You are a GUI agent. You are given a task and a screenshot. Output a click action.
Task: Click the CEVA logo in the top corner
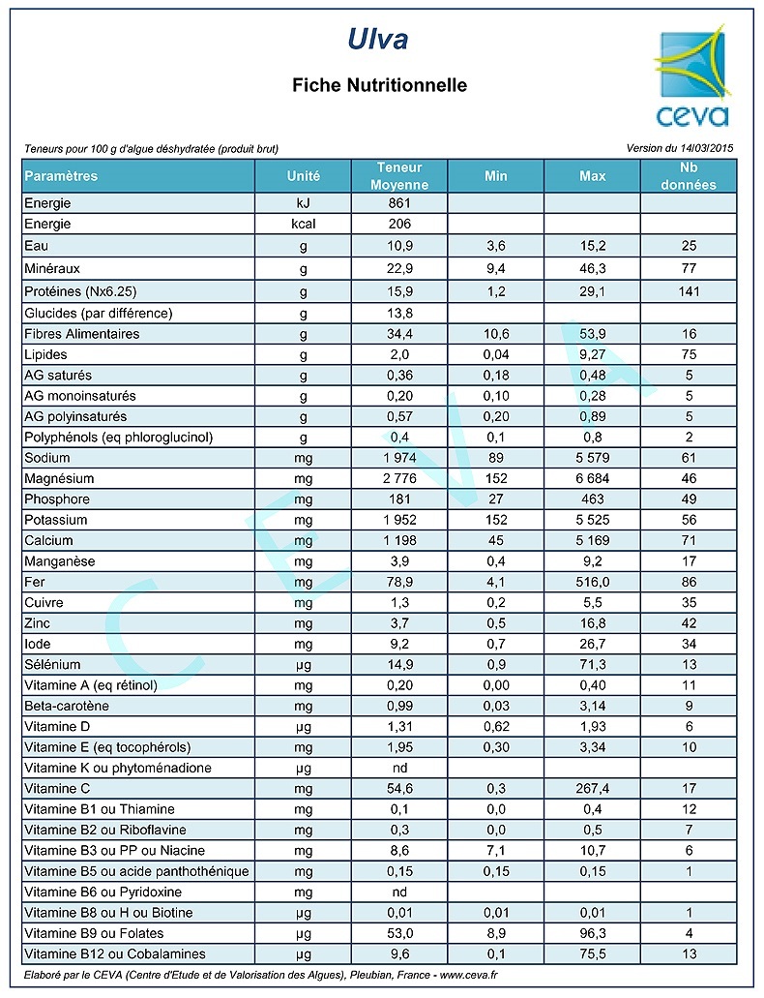[691, 79]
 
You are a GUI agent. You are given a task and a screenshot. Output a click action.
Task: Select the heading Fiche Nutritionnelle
[379, 85]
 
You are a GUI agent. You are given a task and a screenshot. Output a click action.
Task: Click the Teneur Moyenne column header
[399, 176]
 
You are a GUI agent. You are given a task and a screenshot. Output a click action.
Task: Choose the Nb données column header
[688, 176]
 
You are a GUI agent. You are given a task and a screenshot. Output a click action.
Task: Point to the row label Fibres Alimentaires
[82, 334]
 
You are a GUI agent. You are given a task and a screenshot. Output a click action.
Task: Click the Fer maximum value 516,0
[592, 582]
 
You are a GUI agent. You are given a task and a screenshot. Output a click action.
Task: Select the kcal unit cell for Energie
[303, 224]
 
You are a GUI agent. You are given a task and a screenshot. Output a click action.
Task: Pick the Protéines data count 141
[688, 292]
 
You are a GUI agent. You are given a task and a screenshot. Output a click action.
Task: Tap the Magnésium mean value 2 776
[398, 478]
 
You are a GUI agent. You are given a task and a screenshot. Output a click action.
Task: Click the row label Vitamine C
[57, 789]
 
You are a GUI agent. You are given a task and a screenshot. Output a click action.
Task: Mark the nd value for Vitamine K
[398, 768]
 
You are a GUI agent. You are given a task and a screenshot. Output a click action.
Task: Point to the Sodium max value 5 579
[592, 458]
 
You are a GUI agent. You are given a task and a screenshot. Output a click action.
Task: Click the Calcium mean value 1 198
[398, 540]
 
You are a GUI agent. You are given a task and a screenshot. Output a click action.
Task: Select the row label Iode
[38, 644]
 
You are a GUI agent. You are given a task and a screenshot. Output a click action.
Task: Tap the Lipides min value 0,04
[495, 354]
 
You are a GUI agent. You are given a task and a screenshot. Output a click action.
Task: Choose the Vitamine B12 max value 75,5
[592, 953]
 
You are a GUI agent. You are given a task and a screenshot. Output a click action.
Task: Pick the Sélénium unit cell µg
[303, 665]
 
